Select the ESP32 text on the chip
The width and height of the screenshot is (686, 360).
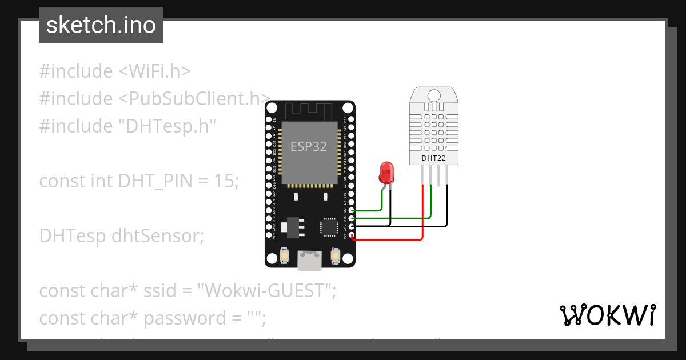(309, 146)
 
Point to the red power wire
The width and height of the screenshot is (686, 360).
(422, 217)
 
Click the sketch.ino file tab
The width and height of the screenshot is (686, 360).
(101, 25)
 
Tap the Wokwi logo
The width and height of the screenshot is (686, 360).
(607, 315)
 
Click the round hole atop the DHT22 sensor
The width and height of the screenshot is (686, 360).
(433, 95)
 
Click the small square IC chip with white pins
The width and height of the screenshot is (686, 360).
(330, 226)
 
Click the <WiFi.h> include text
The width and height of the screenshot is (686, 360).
(154, 71)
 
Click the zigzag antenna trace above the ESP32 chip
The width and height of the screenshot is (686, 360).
(309, 109)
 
